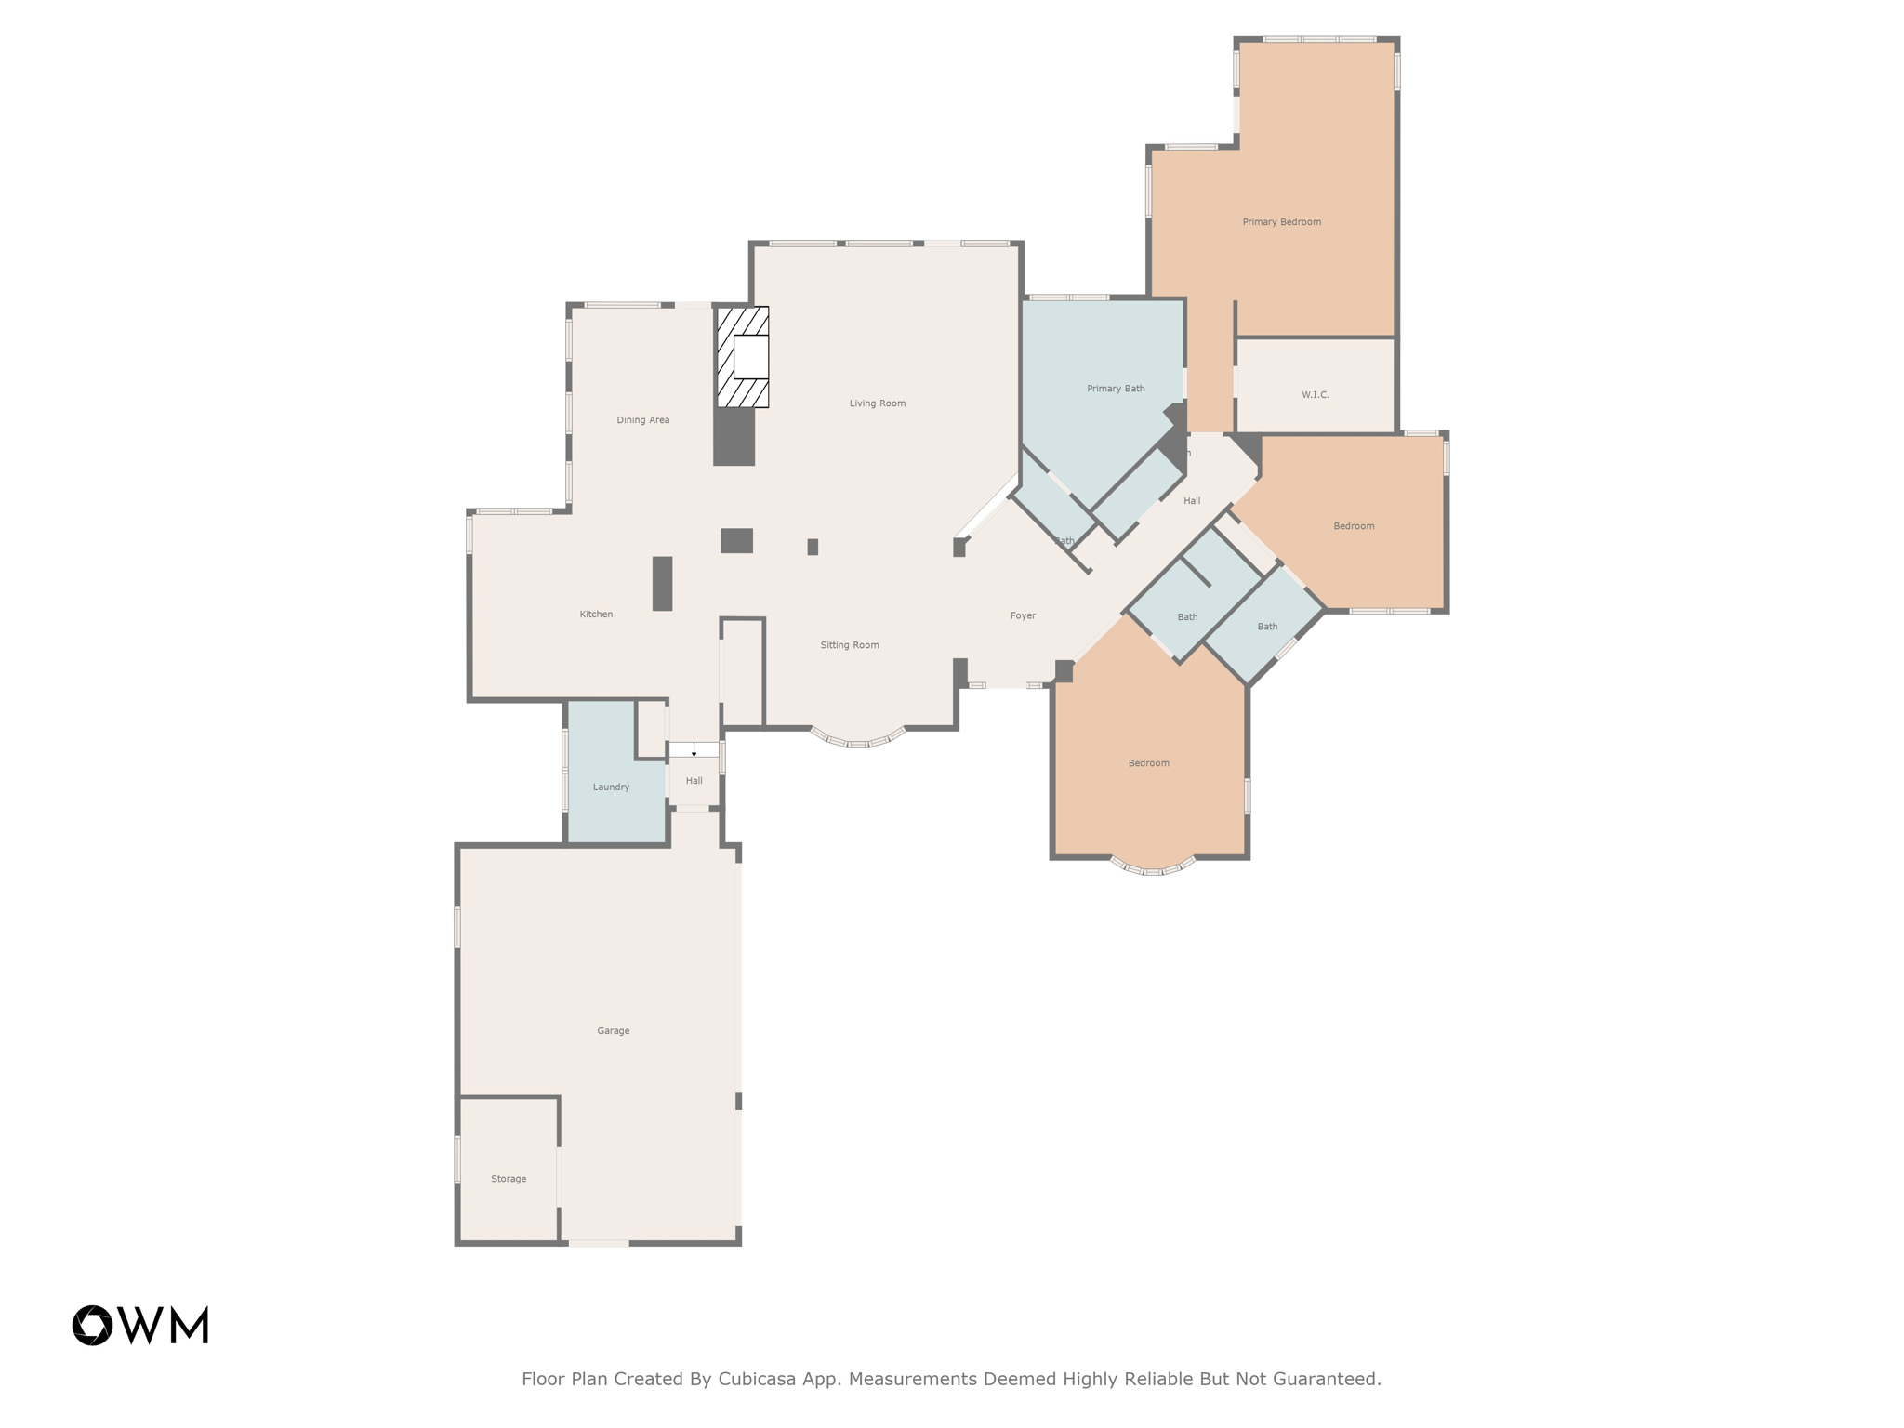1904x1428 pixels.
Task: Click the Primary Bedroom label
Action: [x=1281, y=222]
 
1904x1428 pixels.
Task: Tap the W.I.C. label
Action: [x=1315, y=395]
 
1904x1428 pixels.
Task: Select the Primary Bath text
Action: [x=1116, y=389]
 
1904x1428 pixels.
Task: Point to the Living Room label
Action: [x=877, y=403]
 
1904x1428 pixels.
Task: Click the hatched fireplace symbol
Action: [x=742, y=357]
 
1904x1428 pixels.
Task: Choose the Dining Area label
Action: [x=642, y=420]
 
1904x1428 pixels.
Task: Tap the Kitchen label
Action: [x=596, y=615]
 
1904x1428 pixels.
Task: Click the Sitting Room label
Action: [x=849, y=645]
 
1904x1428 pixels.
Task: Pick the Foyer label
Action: [x=1023, y=615]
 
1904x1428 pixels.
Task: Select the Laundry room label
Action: [x=611, y=787]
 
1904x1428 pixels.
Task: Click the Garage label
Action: [x=613, y=1031]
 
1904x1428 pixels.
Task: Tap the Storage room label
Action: [x=509, y=1179]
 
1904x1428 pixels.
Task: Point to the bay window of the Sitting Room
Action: [x=858, y=740]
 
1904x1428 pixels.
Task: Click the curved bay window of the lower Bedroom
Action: [x=1152, y=868]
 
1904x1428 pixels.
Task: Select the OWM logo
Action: [x=140, y=1325]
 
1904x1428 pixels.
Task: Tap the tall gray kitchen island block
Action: [x=662, y=584]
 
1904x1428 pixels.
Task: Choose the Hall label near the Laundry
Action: [x=694, y=781]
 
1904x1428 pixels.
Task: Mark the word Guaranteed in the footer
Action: [x=1327, y=1379]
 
